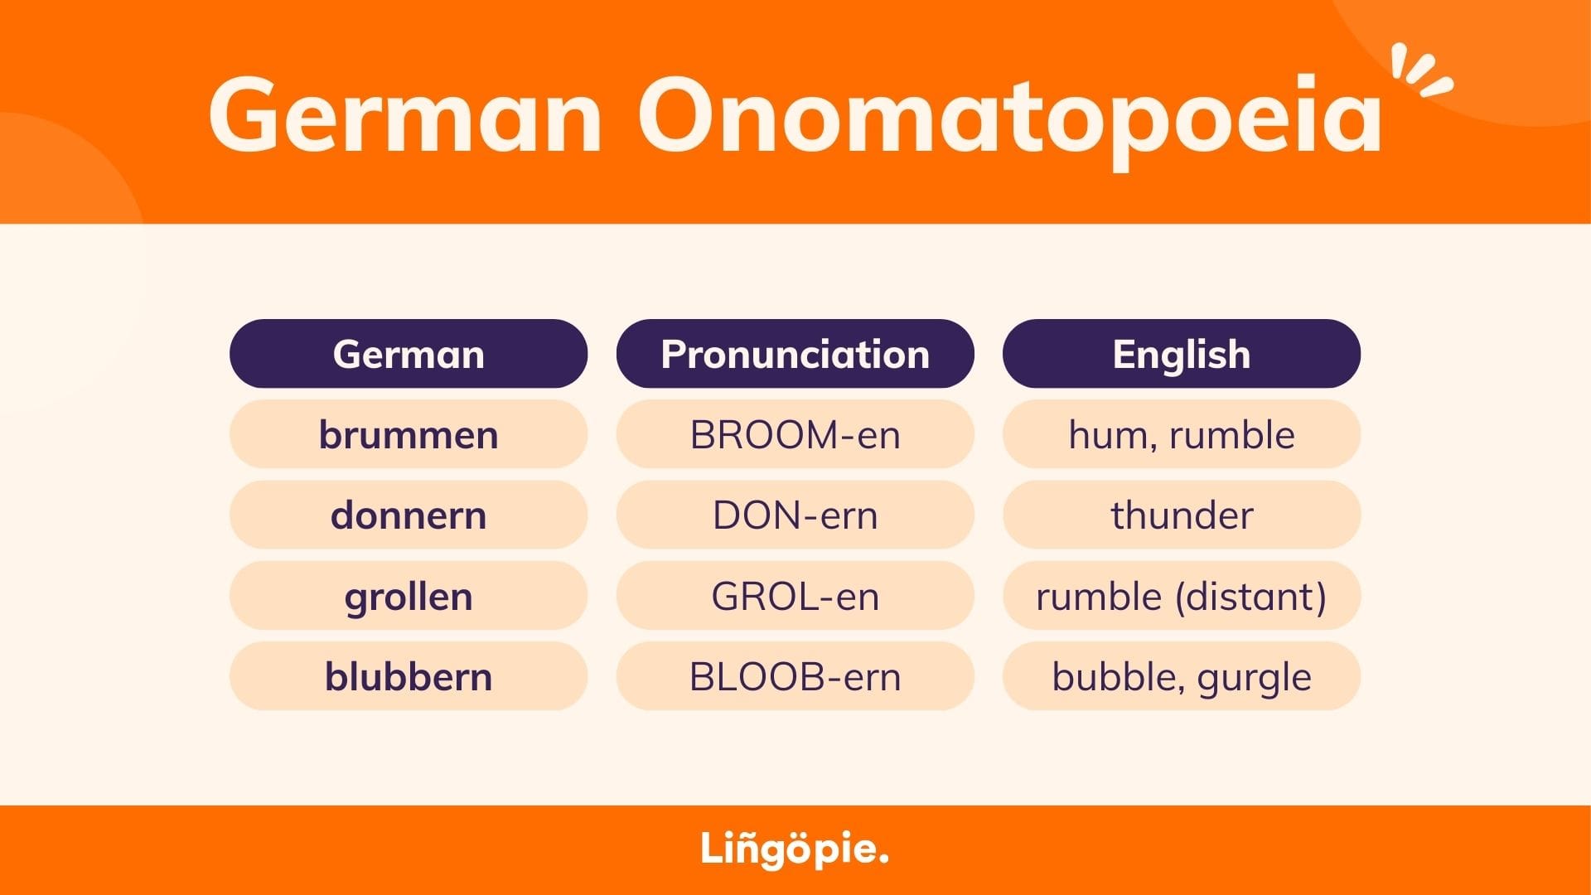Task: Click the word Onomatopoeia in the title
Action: click(1010, 121)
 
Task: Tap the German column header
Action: click(409, 354)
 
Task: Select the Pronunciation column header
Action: click(795, 354)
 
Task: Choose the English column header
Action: click(1182, 354)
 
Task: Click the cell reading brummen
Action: click(409, 434)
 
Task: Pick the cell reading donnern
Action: click(409, 515)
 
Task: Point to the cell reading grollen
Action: click(409, 596)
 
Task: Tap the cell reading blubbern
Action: click(409, 676)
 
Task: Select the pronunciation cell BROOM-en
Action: click(795, 434)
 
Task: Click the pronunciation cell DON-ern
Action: click(795, 515)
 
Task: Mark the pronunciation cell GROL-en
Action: click(795, 596)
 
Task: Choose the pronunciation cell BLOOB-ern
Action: click(795, 676)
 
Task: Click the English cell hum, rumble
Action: click(1182, 434)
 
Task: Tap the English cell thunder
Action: click(1182, 515)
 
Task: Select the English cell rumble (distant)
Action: click(1182, 596)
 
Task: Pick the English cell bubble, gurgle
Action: click(1182, 676)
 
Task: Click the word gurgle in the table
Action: click(1255, 679)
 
